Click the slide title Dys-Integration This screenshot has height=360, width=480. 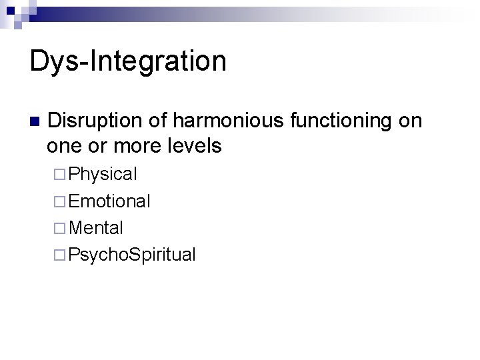(x=128, y=61)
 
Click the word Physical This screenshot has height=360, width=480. (x=103, y=175)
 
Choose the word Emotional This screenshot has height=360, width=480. (x=109, y=201)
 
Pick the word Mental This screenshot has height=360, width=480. (x=96, y=228)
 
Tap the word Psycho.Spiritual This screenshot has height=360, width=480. (x=132, y=255)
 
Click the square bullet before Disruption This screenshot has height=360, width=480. (x=35, y=122)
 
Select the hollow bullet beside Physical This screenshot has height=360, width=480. (x=60, y=175)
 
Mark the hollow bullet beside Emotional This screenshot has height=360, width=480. (x=60, y=202)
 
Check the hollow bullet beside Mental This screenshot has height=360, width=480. (x=60, y=229)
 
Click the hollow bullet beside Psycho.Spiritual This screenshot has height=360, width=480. (x=60, y=255)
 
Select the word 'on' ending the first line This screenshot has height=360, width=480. (x=411, y=121)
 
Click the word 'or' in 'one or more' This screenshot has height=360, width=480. (x=97, y=145)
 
